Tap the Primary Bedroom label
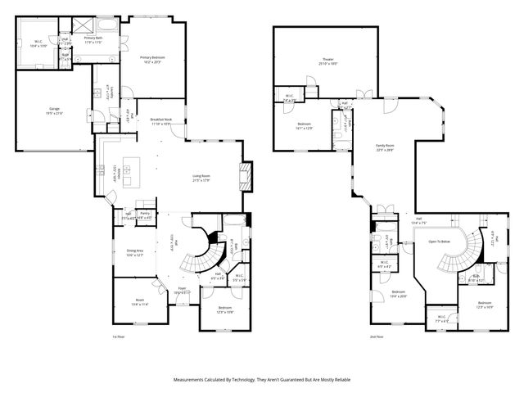pyautogui.click(x=152, y=59)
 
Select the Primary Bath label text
pyautogui.click(x=94, y=39)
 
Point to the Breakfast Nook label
pyautogui.click(x=160, y=121)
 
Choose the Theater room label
pyautogui.click(x=327, y=61)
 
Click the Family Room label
pyautogui.click(x=385, y=148)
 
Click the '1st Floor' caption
pyautogui.click(x=120, y=337)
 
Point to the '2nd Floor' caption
pyautogui.click(x=377, y=337)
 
